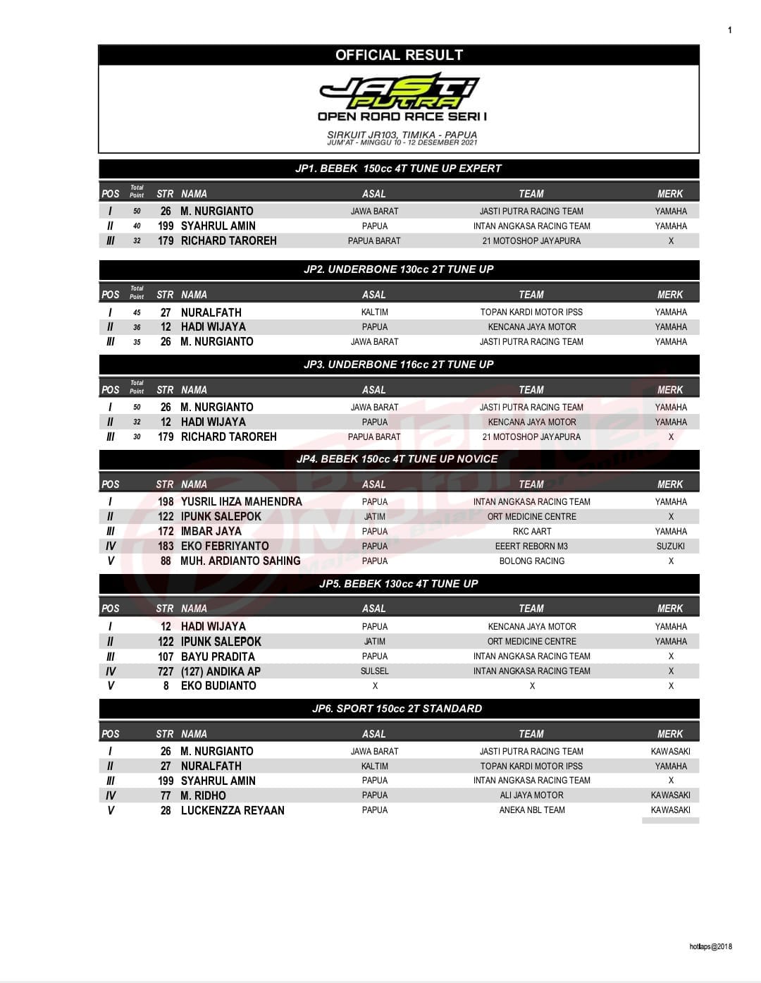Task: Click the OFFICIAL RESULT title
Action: pos(399,55)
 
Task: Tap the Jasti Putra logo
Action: pos(399,92)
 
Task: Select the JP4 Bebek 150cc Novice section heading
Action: pos(397,459)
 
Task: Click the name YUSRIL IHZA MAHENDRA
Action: pos(241,501)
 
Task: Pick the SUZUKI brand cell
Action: pos(670,546)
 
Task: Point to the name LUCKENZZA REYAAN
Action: pos(233,810)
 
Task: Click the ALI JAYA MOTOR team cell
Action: pos(531,795)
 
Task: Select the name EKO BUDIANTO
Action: pos(218,685)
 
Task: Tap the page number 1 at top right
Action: pos(729,30)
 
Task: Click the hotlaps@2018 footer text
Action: pos(710,946)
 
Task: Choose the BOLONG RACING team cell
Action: pos(531,561)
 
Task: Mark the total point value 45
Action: pos(137,312)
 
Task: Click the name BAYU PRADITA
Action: pos(218,656)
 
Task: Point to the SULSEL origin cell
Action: pos(374,671)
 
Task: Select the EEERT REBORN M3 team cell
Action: pos(531,546)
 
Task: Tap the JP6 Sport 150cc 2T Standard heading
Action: pos(397,709)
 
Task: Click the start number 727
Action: pos(166,671)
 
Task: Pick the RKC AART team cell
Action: pos(531,531)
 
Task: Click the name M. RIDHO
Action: pos(203,795)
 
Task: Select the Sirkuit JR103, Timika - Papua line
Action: pos(402,135)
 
